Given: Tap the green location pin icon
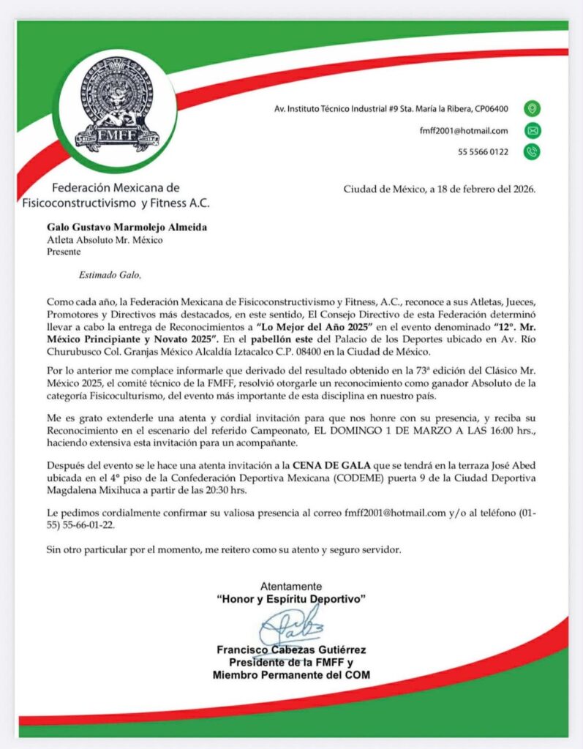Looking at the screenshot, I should (532, 108).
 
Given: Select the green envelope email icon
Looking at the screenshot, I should (532, 131).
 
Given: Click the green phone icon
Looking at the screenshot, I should (532, 152).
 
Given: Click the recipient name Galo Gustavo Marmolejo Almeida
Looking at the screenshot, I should (127, 227).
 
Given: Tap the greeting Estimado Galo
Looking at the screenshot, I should (99, 275).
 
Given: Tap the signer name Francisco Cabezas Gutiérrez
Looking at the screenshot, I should (291, 650).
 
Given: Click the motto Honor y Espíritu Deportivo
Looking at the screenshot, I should (291, 599).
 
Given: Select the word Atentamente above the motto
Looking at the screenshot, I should (291, 586).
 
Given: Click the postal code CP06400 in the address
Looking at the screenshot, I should (489, 108).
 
